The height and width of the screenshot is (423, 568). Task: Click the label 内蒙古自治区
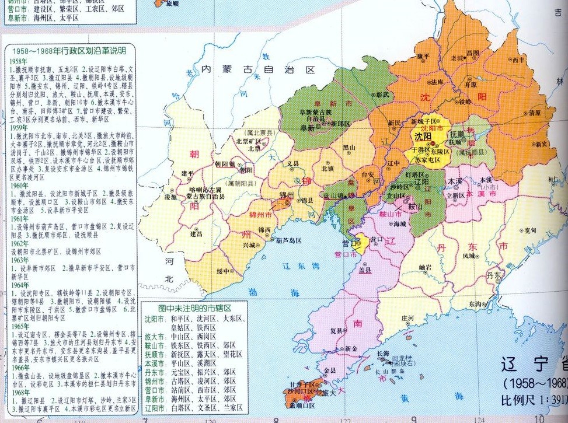point(257,69)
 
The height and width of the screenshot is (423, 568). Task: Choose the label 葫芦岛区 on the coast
point(288,240)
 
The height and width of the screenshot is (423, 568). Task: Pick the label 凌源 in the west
point(169,198)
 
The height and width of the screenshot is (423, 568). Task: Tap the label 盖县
point(365,271)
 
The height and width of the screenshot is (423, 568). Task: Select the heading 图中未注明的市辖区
point(195,306)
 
